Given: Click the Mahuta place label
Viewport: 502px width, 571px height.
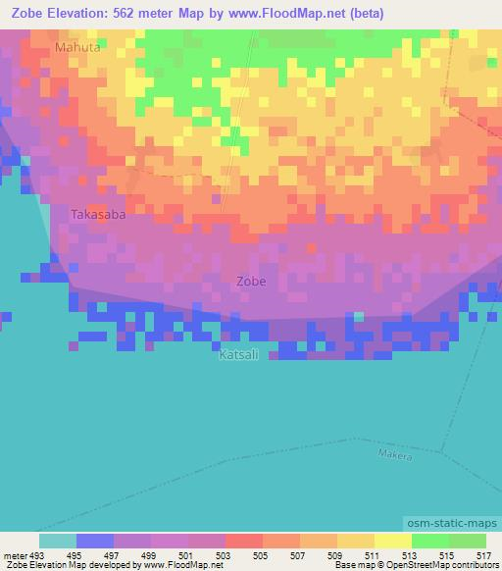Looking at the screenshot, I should (78, 46).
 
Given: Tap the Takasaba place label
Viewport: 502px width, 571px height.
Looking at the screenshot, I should (98, 213).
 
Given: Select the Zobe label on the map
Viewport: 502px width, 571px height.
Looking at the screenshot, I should (251, 281).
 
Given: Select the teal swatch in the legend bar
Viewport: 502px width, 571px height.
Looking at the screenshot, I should (57, 541).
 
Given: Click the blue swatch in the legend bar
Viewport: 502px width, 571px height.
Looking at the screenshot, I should (95, 541).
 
